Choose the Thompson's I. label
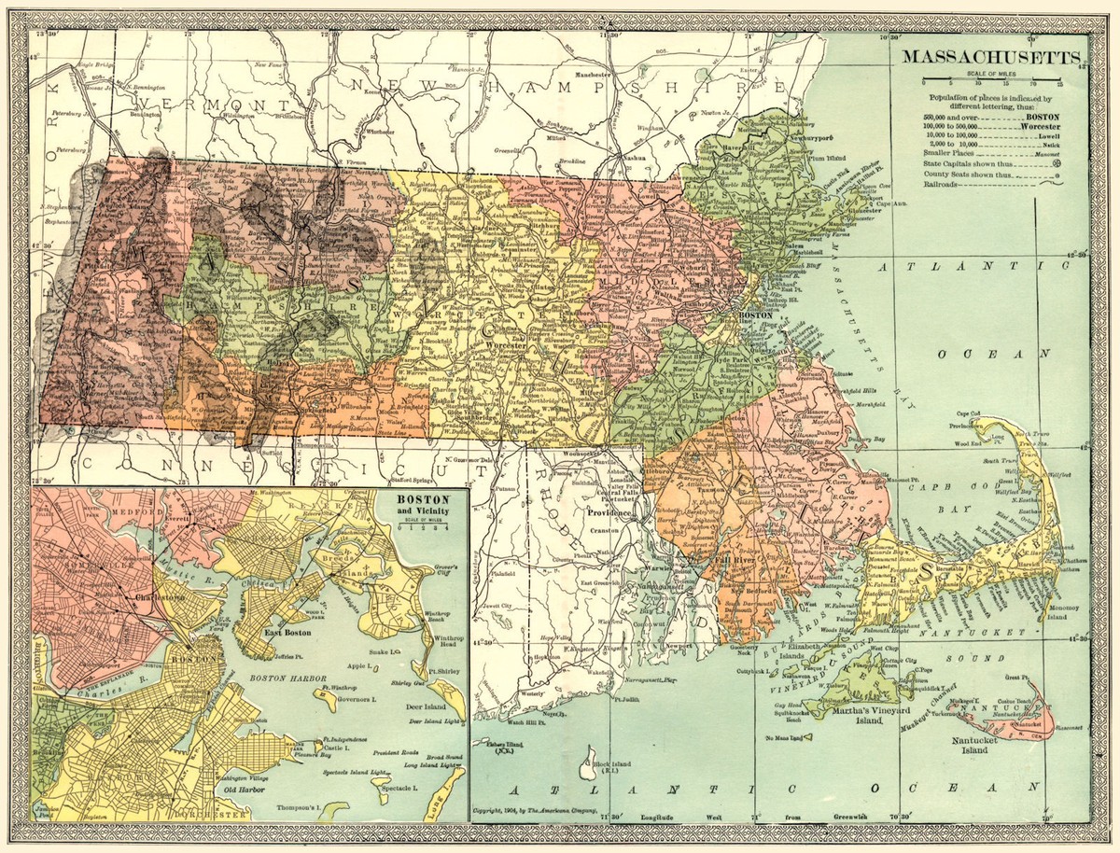[300, 809]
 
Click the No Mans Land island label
[781, 738]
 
